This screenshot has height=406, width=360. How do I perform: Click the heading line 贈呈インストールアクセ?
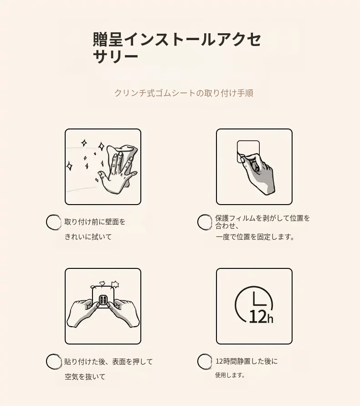click(177, 39)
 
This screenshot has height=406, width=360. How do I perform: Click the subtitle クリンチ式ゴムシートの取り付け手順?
click(184, 93)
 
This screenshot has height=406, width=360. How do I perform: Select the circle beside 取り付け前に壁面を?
click(54, 222)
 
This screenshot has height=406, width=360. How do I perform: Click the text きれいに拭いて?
click(88, 236)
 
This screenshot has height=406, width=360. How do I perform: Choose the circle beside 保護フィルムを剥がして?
click(205, 222)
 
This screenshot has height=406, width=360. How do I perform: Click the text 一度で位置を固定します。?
click(255, 236)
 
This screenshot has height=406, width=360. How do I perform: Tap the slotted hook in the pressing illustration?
click(103, 301)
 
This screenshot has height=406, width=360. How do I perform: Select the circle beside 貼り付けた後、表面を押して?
click(54, 361)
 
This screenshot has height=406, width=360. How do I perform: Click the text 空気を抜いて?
click(85, 377)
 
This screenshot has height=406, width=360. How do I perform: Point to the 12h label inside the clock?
click(261, 316)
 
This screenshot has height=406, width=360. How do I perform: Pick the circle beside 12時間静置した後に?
click(205, 361)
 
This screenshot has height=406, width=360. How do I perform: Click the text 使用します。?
click(230, 375)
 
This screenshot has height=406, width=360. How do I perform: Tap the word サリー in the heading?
click(115, 56)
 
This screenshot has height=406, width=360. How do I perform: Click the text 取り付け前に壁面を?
click(95, 221)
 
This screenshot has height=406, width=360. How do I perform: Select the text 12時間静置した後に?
click(247, 361)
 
